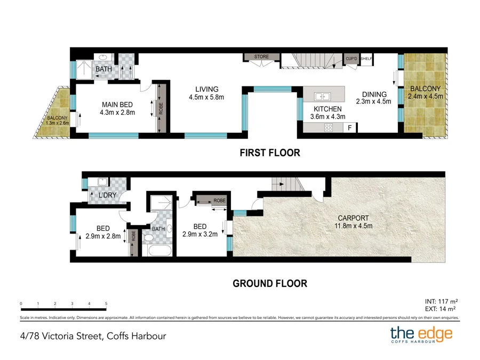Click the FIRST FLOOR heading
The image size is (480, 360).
(269, 153)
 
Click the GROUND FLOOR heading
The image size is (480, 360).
(269, 283)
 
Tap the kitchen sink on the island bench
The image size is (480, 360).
(322, 97)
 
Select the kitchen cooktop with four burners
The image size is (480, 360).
(329, 127)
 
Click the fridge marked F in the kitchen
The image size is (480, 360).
(350, 127)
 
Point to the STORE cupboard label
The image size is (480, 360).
(261, 57)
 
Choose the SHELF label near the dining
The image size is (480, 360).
(366, 59)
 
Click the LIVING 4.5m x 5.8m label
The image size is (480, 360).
(206, 93)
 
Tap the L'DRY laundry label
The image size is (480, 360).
(107, 196)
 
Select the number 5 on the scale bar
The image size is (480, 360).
(106, 303)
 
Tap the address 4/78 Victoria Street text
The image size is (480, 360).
(91, 336)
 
